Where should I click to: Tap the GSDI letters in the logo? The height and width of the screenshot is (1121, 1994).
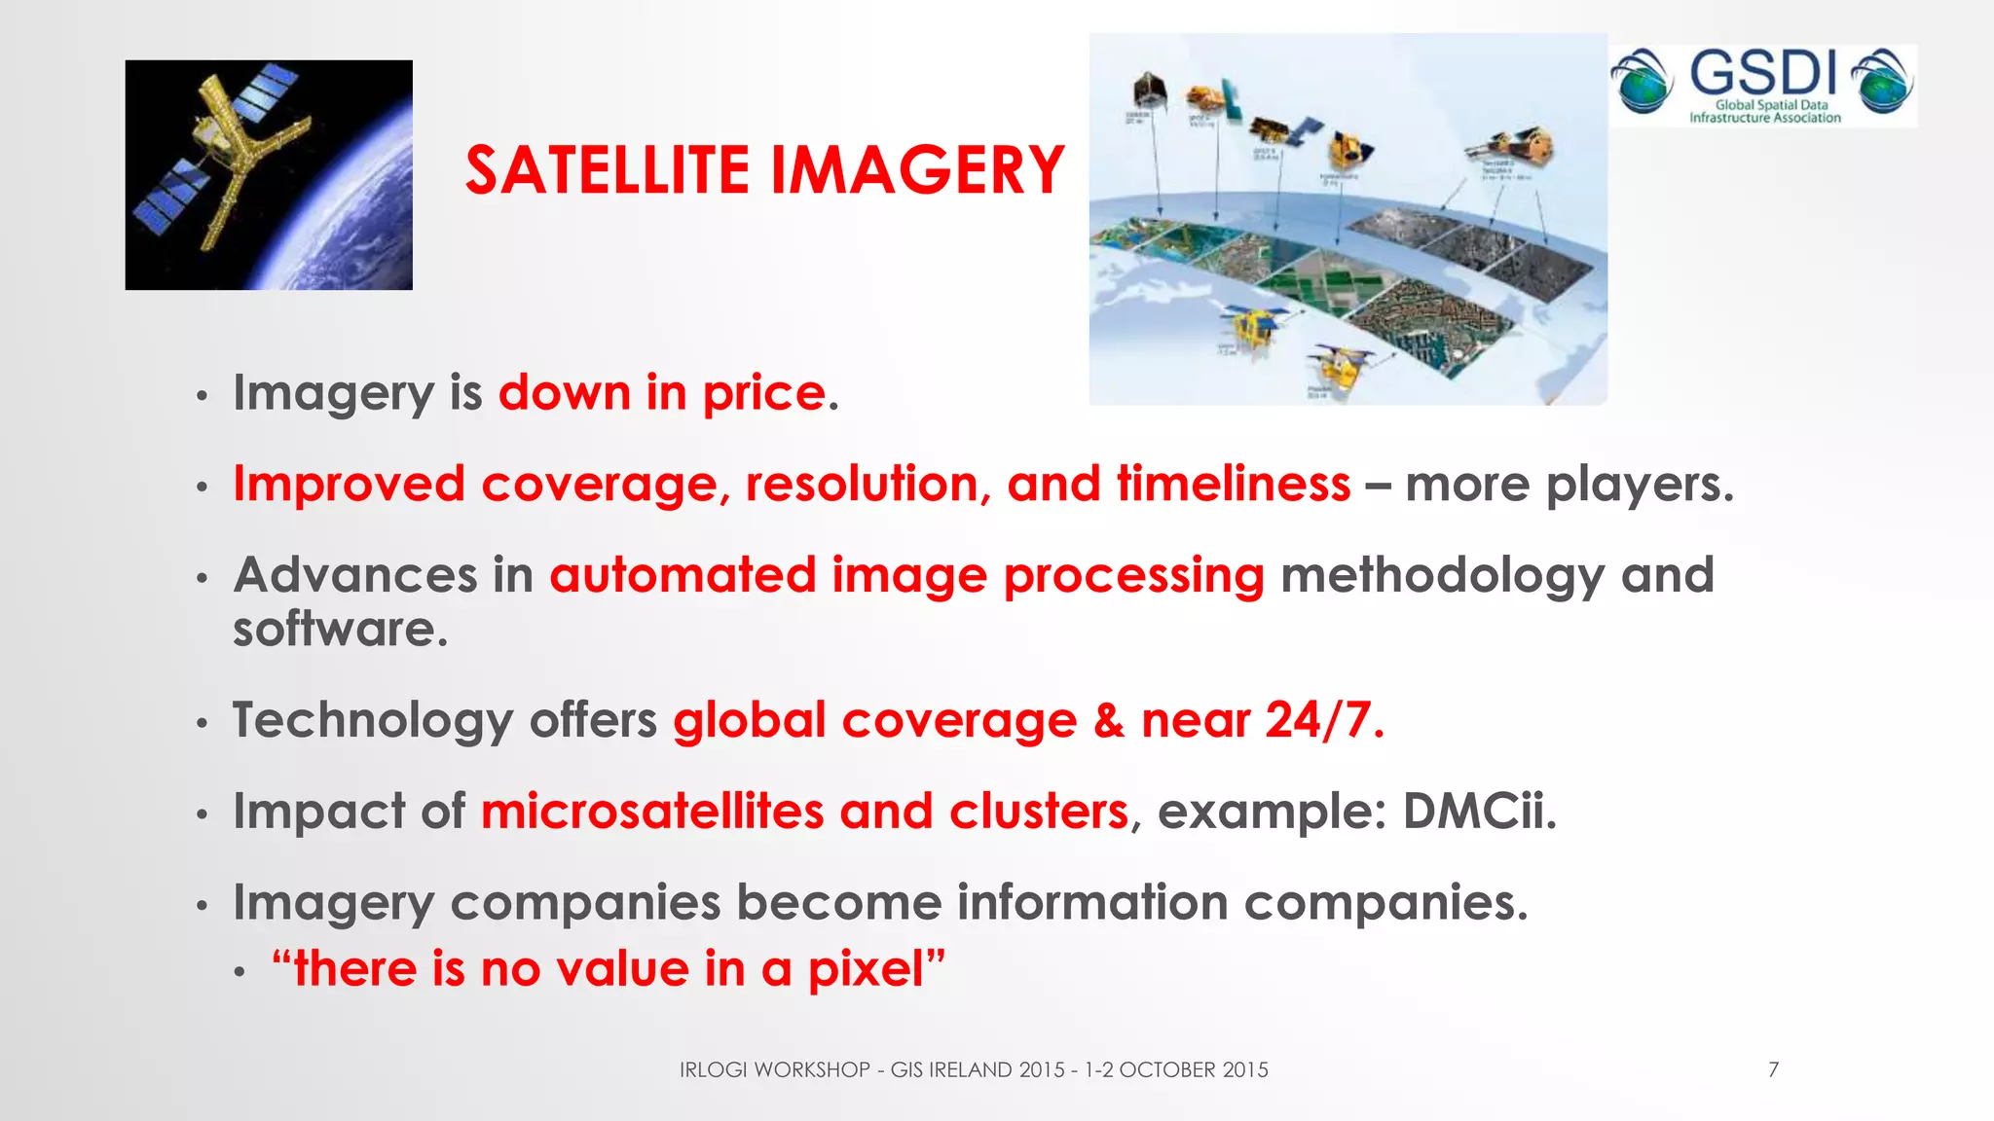[x=1763, y=74]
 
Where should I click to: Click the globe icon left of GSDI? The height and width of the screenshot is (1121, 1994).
[x=1642, y=82]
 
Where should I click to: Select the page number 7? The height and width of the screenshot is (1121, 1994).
[x=1773, y=1070]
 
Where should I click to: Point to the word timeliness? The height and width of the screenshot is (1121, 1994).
[x=1233, y=485]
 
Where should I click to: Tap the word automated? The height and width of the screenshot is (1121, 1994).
[x=683, y=575]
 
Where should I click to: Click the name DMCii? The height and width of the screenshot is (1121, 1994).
[x=1478, y=812]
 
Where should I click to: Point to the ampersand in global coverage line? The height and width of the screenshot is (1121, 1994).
[x=1108, y=721]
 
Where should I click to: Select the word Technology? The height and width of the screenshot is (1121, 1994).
[x=372, y=721]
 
